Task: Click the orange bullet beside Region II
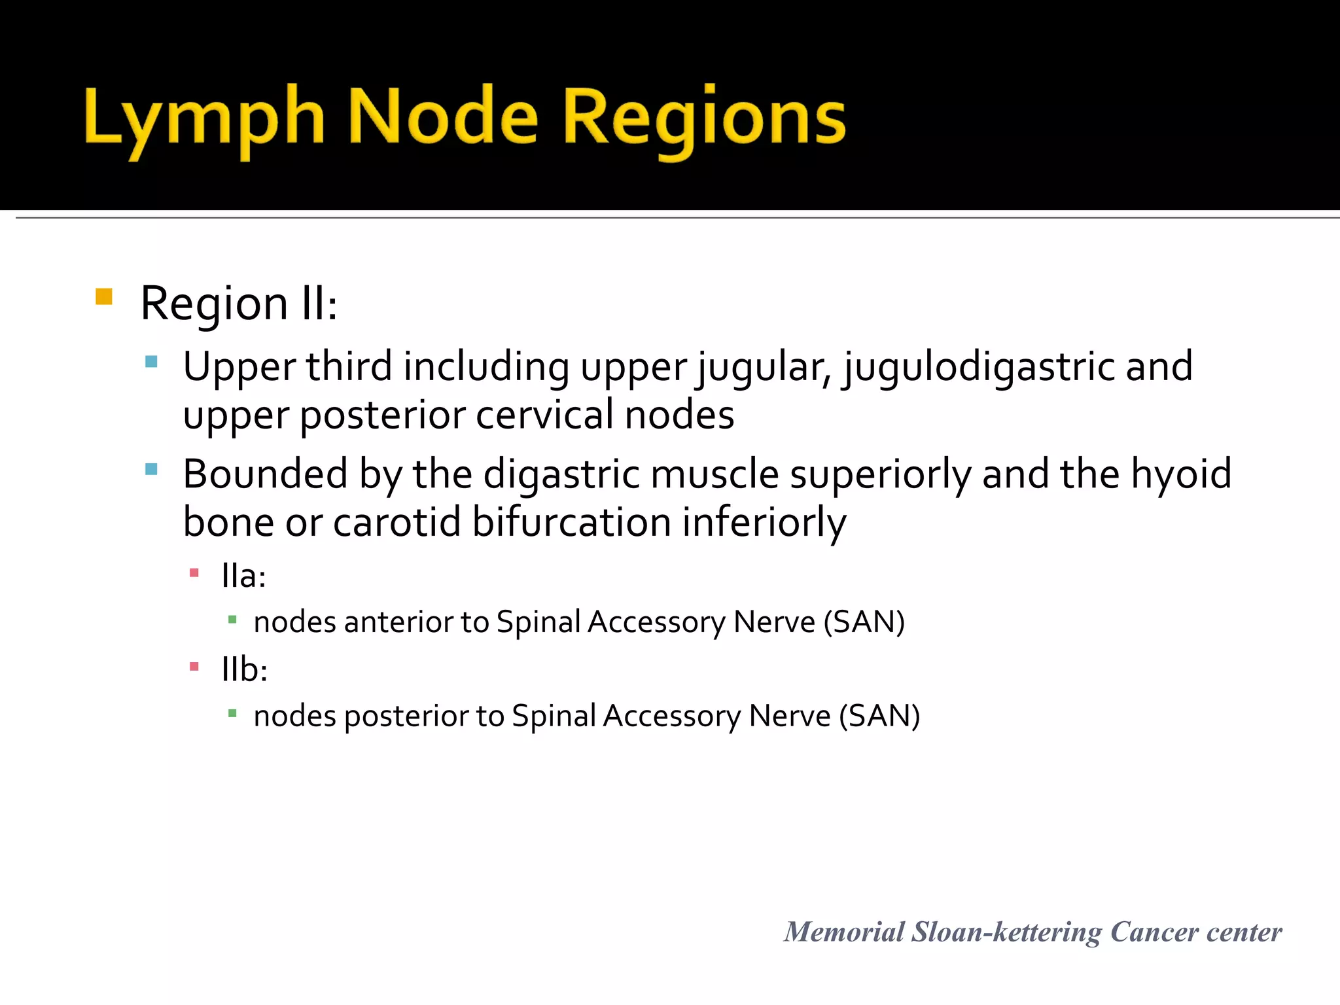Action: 104,297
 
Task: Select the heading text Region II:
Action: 239,304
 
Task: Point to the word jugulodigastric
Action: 978,366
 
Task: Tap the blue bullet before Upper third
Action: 152,361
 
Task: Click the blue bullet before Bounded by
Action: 152,469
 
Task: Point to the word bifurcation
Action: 571,523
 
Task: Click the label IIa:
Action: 243,576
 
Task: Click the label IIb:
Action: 244,670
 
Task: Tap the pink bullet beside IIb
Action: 194,667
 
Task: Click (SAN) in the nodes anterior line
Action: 864,622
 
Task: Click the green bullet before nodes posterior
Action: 232,713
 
